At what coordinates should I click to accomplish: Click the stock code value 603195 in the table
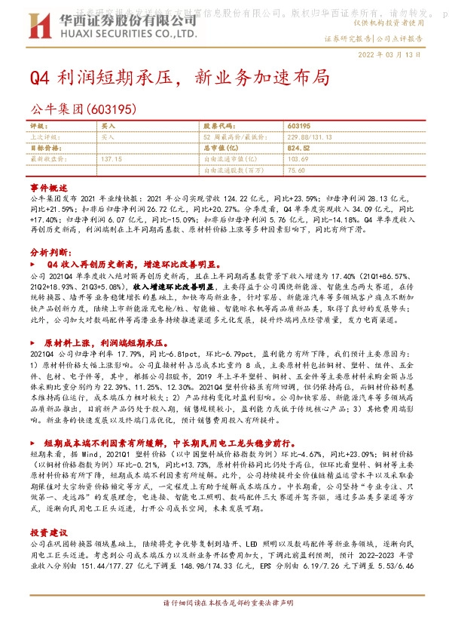tap(299, 126)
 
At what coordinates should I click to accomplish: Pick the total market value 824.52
tap(299, 149)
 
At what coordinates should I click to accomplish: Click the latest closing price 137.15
tap(111, 160)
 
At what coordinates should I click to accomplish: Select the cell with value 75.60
tap(295, 171)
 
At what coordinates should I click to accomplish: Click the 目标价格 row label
tap(44, 149)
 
